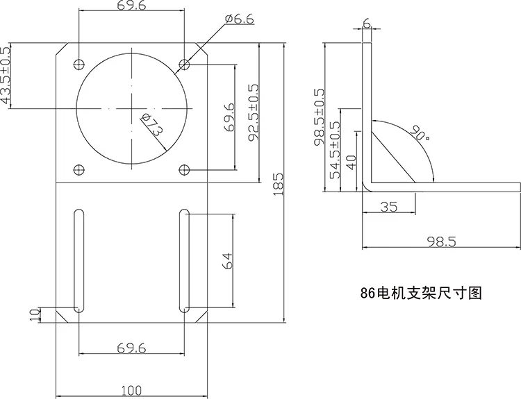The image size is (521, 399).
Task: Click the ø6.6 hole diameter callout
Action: [239, 19]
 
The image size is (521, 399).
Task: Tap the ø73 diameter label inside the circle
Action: [152, 124]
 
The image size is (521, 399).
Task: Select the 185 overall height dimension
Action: [279, 184]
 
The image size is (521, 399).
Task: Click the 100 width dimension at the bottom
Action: [131, 391]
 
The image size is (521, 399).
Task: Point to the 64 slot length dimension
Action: [228, 261]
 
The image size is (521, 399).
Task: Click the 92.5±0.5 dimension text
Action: [254, 112]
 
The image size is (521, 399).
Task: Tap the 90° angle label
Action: [420, 133]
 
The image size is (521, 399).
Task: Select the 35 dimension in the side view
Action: [388, 207]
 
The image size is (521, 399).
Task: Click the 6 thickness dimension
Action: [366, 23]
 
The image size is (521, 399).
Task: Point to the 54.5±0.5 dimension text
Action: [336, 150]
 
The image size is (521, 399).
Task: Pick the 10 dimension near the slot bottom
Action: [35, 314]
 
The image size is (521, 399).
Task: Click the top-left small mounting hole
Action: [78, 64]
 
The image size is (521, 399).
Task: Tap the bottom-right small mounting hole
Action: [184, 170]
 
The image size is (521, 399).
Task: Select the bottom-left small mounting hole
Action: [78, 170]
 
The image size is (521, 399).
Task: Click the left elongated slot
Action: [78, 261]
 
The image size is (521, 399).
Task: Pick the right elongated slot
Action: [184, 261]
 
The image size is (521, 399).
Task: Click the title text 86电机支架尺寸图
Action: [421, 293]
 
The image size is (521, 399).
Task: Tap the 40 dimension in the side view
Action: [352, 162]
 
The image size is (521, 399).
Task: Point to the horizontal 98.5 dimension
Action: [442, 241]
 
